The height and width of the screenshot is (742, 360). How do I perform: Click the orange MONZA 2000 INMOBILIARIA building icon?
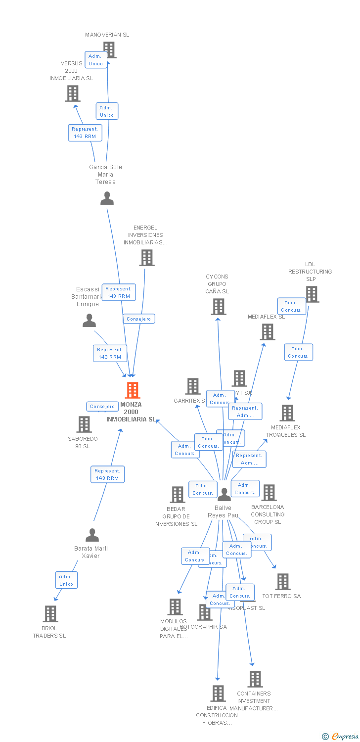pos(132,390)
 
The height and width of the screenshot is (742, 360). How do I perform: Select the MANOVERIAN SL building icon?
pos(109,49)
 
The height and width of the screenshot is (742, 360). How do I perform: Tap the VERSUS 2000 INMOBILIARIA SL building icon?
pos(73,93)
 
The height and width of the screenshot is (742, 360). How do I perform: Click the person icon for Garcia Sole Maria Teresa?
pos(107,198)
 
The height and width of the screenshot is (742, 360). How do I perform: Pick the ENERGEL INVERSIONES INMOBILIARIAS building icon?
pos(146,257)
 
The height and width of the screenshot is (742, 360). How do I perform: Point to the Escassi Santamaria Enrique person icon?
pos(89,321)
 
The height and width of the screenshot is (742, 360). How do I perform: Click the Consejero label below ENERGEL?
pos(139,319)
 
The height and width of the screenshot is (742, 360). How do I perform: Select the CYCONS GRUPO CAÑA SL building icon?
pos(218,307)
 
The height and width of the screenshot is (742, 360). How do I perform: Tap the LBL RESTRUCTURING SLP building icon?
pos(312,294)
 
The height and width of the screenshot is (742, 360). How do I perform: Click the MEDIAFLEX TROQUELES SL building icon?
pos(287,413)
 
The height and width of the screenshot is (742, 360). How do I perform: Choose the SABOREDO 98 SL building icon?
pos(84,424)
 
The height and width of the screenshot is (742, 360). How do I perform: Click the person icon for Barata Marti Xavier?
pos(92,535)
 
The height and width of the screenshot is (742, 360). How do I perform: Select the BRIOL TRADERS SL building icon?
pos(50,613)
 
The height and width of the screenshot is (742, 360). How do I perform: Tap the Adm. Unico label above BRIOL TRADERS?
pos(66,580)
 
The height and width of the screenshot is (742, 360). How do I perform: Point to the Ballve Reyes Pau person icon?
pos(225,495)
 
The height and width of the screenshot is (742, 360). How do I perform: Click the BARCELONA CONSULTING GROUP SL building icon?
pos(269,492)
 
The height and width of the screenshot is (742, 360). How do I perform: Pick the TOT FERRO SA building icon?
pos(282,581)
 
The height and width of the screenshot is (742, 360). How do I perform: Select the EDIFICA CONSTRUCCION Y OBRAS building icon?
pos(218,693)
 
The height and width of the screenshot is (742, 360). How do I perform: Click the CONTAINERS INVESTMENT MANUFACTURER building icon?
pos(255,679)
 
